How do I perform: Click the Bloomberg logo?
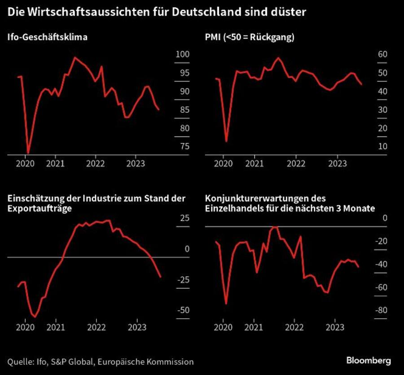(x=368, y=361)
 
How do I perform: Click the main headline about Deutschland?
(x=157, y=12)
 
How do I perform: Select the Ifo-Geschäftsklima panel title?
(x=47, y=37)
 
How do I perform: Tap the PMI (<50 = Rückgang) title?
(x=249, y=37)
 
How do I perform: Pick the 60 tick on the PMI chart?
(x=382, y=55)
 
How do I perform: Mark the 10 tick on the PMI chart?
(x=382, y=146)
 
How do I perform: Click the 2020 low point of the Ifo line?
(x=28, y=153)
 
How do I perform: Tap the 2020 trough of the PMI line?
(x=226, y=141)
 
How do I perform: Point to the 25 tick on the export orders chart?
(x=184, y=218)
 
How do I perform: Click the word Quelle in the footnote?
(x=19, y=362)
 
